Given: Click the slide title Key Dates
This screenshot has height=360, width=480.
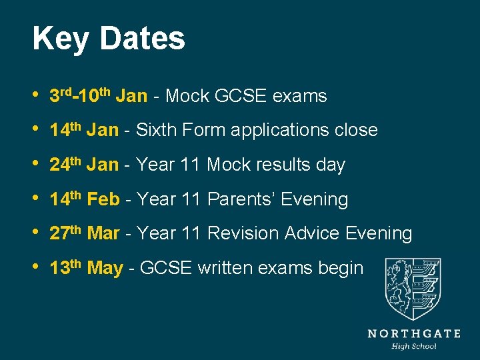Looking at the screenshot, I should (x=109, y=39).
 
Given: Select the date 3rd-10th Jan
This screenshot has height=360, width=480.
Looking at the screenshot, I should (x=98, y=96).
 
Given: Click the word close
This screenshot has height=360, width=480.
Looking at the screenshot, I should (x=357, y=130).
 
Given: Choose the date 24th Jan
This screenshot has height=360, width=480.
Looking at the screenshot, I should (x=84, y=165).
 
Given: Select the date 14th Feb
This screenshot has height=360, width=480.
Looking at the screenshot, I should (x=85, y=199).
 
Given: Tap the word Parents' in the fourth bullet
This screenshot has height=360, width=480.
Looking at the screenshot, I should (x=242, y=199).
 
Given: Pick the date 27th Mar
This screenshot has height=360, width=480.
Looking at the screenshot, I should (x=85, y=233).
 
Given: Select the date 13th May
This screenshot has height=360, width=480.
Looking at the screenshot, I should (x=87, y=268).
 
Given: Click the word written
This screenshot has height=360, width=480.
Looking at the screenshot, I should (x=225, y=268).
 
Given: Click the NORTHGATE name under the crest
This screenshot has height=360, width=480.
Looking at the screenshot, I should (x=414, y=333).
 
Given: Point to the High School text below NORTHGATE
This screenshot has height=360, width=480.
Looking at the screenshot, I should (x=414, y=346).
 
